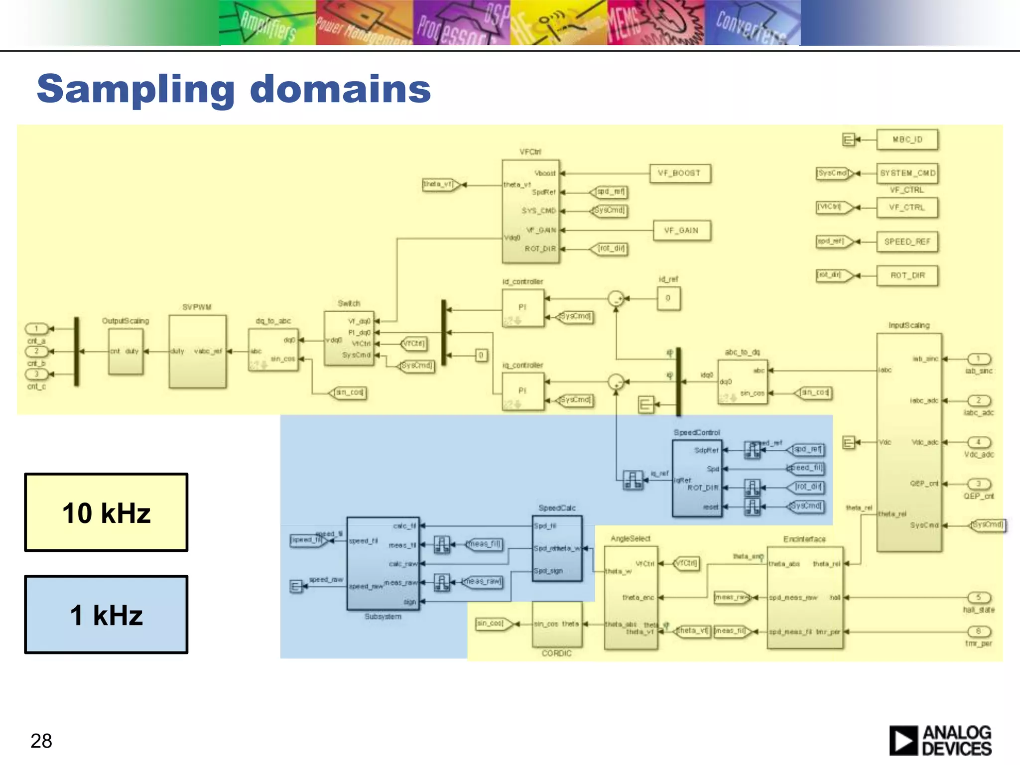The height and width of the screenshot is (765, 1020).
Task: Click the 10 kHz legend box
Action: coord(106,512)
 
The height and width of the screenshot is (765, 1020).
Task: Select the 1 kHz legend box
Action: coord(106,615)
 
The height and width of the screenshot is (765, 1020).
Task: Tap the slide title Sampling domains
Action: coord(234,89)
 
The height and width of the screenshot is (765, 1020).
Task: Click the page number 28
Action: coord(41,741)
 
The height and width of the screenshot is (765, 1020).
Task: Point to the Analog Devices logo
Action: coord(940,741)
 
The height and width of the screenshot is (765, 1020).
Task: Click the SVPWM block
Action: coord(197,351)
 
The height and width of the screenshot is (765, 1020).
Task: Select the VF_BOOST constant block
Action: coord(680,173)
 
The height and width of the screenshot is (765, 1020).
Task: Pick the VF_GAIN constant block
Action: coord(681,231)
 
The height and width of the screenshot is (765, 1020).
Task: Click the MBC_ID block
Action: coord(907,139)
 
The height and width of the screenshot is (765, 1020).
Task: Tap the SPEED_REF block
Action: coord(907,242)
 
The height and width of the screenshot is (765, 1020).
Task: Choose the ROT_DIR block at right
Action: coord(907,275)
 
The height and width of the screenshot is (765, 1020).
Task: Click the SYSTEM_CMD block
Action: coord(907,173)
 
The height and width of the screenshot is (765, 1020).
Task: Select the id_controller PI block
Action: coord(522,308)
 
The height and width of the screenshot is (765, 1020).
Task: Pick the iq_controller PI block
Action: coord(522,391)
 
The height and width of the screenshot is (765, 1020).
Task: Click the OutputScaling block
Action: coord(126,351)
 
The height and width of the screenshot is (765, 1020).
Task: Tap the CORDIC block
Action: coord(557,625)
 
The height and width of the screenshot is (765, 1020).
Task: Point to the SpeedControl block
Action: coord(697,478)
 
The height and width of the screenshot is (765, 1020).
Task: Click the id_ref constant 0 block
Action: coord(668,298)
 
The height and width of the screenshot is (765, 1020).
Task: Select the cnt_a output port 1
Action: coord(36,329)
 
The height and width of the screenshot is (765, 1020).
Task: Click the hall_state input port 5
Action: coord(979,597)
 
